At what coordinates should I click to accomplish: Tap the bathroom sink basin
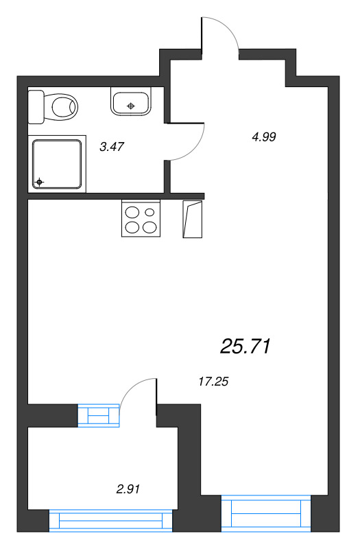point(130,102)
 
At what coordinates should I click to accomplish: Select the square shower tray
point(58,163)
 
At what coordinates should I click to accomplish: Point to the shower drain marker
point(40,181)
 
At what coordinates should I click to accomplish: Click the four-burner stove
point(141,219)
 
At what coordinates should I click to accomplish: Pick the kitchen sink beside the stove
point(193,219)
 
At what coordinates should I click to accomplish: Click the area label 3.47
point(111,146)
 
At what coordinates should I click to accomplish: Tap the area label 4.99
point(264,137)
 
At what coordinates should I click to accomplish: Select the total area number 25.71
point(245,347)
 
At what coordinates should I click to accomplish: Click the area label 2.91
point(128,489)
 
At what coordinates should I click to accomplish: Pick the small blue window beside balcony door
point(99,415)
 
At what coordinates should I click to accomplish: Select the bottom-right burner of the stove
point(149,227)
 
